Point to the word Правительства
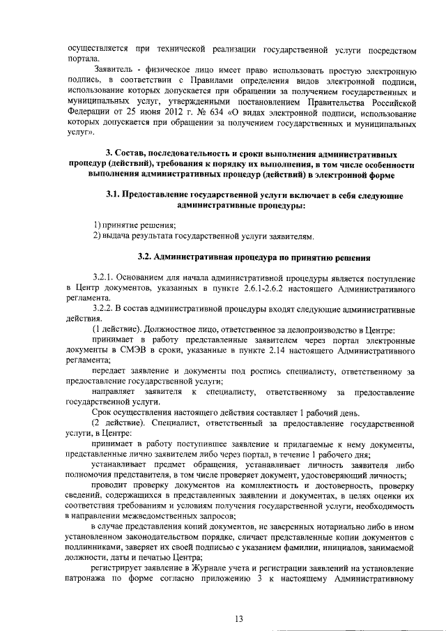click(x=337, y=101)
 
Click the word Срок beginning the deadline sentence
click(x=104, y=413)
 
